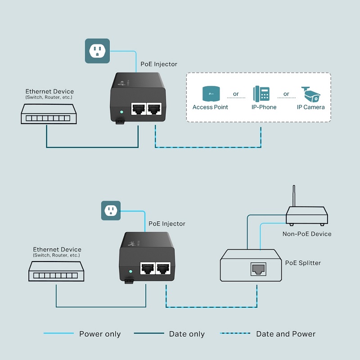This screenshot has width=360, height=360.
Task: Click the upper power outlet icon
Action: [x=97, y=51]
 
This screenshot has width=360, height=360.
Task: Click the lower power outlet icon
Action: [x=111, y=210]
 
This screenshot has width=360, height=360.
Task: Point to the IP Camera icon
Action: [x=310, y=94]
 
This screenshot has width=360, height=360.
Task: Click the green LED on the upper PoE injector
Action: [x=121, y=112]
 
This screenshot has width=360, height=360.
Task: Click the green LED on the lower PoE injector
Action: [x=130, y=272]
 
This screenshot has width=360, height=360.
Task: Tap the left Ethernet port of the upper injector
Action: [x=138, y=109]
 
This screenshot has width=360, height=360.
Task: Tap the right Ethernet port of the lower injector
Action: [x=162, y=268]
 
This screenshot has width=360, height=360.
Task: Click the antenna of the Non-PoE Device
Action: [x=294, y=196]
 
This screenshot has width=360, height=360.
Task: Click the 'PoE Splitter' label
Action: [x=303, y=263]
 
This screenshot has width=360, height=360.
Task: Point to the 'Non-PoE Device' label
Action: [x=306, y=234]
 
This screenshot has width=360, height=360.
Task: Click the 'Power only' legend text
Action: [x=100, y=334]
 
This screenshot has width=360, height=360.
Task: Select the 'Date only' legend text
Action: [x=187, y=334]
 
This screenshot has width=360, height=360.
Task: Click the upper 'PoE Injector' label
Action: [x=159, y=64]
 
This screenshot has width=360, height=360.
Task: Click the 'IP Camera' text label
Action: [x=310, y=107]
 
